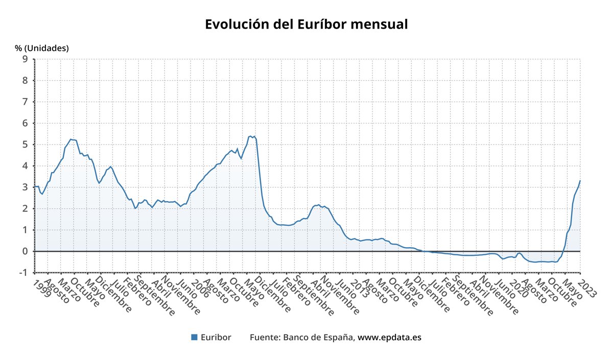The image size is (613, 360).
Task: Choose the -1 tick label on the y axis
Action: point(23,273)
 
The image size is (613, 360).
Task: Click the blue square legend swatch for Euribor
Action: point(194,337)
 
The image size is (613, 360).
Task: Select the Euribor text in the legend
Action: point(216,337)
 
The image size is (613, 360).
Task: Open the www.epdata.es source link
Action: point(389,337)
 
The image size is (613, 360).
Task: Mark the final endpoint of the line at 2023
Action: point(580,181)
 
